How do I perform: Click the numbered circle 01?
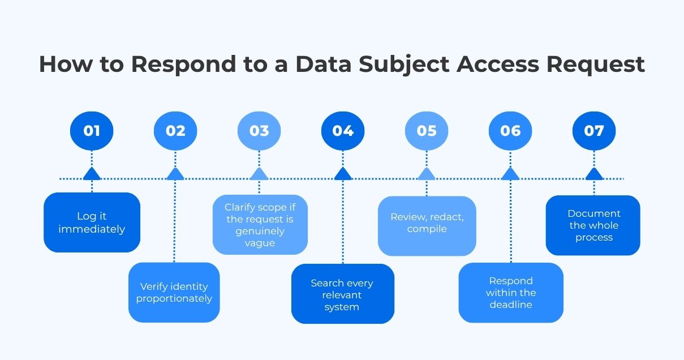(92, 131)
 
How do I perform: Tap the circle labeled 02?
(175, 131)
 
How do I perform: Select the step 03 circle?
(259, 131)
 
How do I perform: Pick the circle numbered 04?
(343, 131)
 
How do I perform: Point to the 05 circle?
(427, 131)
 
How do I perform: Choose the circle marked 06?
(510, 131)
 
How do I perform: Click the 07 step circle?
(594, 131)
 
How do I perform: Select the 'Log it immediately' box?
(92, 222)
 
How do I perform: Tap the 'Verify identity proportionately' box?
(174, 292)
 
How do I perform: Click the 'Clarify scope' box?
(260, 225)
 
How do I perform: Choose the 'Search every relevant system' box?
(343, 294)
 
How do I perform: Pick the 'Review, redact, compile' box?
(427, 225)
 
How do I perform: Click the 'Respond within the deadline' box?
(511, 293)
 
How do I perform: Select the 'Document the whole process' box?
(593, 225)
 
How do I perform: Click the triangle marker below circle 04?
(343, 174)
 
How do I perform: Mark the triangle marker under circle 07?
(594, 174)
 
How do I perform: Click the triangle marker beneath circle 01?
(92, 174)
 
